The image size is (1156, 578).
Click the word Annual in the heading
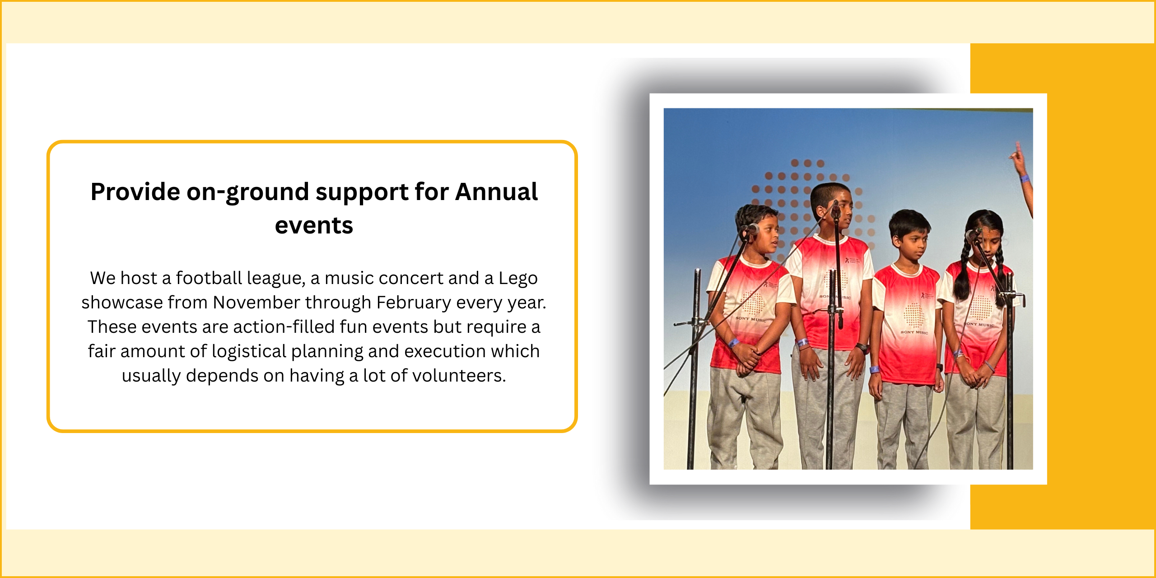tap(496, 192)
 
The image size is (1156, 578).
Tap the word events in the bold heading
tap(314, 226)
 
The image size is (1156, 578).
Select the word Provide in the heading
tap(135, 192)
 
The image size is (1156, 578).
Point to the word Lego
tap(518, 279)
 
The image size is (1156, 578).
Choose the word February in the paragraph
tap(414, 303)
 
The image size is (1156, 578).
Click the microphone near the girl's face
tap(973, 234)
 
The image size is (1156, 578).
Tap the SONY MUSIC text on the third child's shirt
tap(914, 332)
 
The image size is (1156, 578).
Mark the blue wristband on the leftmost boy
tap(733, 343)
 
